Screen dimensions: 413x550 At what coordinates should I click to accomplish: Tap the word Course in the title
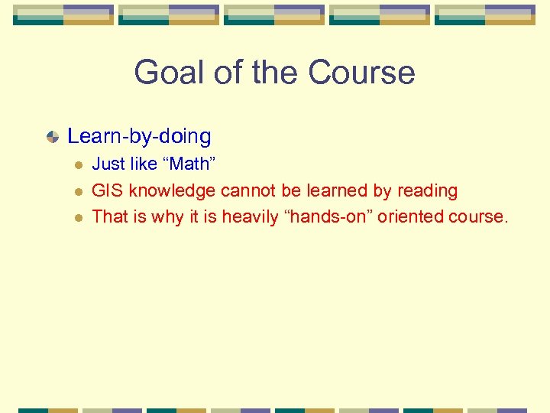click(x=361, y=73)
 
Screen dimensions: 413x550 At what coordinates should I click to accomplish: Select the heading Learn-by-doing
click(x=139, y=136)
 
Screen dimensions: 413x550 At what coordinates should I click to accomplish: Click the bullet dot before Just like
click(x=77, y=164)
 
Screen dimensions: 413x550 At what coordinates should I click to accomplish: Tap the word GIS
click(x=105, y=190)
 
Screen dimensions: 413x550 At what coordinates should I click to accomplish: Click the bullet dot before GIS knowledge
click(x=77, y=191)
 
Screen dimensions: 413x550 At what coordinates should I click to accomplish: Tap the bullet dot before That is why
click(x=77, y=217)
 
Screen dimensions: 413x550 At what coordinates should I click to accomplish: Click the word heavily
click(x=251, y=216)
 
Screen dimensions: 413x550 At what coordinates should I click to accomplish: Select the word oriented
click(x=413, y=216)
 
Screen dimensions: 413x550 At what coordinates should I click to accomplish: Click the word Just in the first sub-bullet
click(x=107, y=164)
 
